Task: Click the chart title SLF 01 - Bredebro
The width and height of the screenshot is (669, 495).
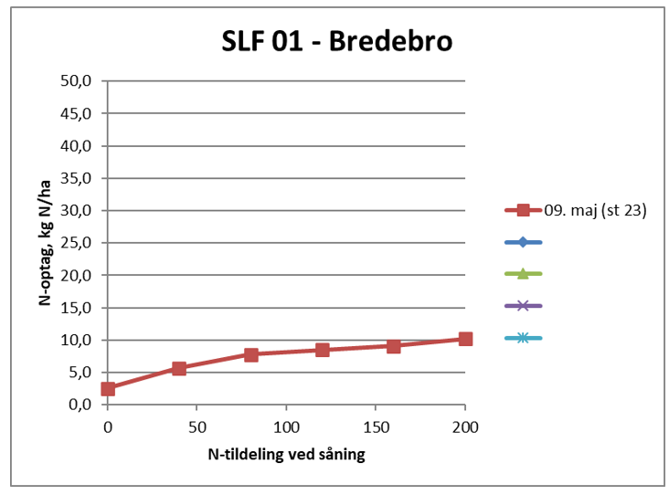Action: pos(337,42)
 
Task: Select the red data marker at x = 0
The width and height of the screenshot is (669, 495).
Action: pos(108,389)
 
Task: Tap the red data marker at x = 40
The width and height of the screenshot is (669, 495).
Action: pos(179,368)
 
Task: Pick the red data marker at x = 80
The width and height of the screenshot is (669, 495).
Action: pos(250,354)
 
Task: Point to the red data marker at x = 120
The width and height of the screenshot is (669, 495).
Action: pos(323,350)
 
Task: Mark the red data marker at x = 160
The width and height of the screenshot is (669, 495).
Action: pos(394,346)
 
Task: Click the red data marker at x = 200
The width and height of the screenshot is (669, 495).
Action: pos(465,339)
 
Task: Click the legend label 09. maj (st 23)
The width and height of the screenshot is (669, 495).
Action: pos(596,210)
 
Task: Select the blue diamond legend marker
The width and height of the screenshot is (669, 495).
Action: pos(523,242)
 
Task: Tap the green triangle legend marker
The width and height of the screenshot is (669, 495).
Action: pos(523,274)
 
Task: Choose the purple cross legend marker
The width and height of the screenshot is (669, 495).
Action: pos(523,306)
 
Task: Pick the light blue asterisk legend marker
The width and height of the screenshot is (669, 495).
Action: pos(523,338)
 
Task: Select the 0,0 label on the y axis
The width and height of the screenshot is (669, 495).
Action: pos(81,405)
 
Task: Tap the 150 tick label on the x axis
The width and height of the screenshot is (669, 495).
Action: pos(376,427)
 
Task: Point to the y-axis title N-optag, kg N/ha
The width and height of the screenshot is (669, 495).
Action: pos(44,243)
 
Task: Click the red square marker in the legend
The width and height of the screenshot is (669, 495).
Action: pos(523,210)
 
